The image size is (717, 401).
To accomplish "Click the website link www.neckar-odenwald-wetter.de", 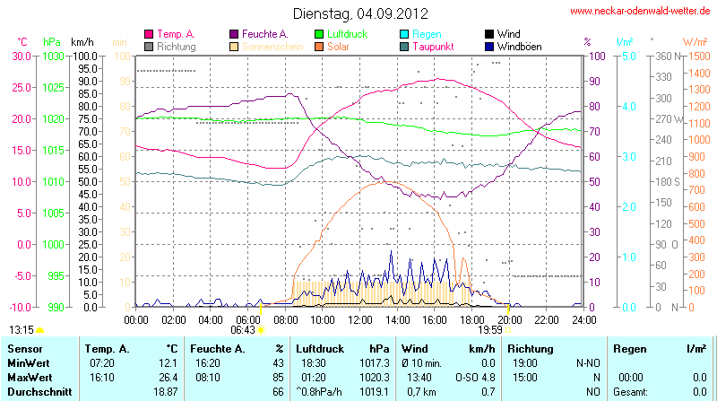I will tap(640, 12).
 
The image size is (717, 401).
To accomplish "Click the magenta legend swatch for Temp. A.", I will tap(149, 33).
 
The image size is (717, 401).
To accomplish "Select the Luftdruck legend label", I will tap(349, 33).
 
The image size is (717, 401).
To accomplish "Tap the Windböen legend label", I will tap(521, 46).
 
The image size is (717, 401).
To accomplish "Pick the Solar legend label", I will tap(339, 46).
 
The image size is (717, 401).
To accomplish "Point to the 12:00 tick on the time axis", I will tap(359, 318).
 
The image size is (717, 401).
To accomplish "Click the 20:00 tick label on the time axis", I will tap(509, 318).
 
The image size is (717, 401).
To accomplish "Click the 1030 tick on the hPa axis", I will tap(53, 56).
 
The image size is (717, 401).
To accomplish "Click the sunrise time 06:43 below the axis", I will tap(243, 330).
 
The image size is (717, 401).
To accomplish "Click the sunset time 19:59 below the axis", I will tap(491, 330).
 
